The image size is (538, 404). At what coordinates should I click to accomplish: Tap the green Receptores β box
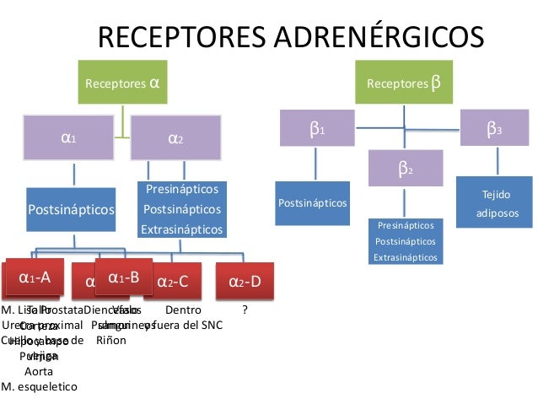404,83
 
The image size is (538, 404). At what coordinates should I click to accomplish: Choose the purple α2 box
176,138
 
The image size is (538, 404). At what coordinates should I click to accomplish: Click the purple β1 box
317,131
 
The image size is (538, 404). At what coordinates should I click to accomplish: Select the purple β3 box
495,131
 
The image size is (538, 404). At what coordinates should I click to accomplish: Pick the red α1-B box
123,276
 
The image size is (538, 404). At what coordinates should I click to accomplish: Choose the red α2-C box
173,282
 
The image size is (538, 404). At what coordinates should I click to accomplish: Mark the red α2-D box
245,282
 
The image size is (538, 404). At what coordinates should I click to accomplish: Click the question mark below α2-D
245,310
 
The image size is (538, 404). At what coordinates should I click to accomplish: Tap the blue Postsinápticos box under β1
311,203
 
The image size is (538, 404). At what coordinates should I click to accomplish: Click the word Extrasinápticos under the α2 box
181,229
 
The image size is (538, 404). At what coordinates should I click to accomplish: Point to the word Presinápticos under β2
406,226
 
